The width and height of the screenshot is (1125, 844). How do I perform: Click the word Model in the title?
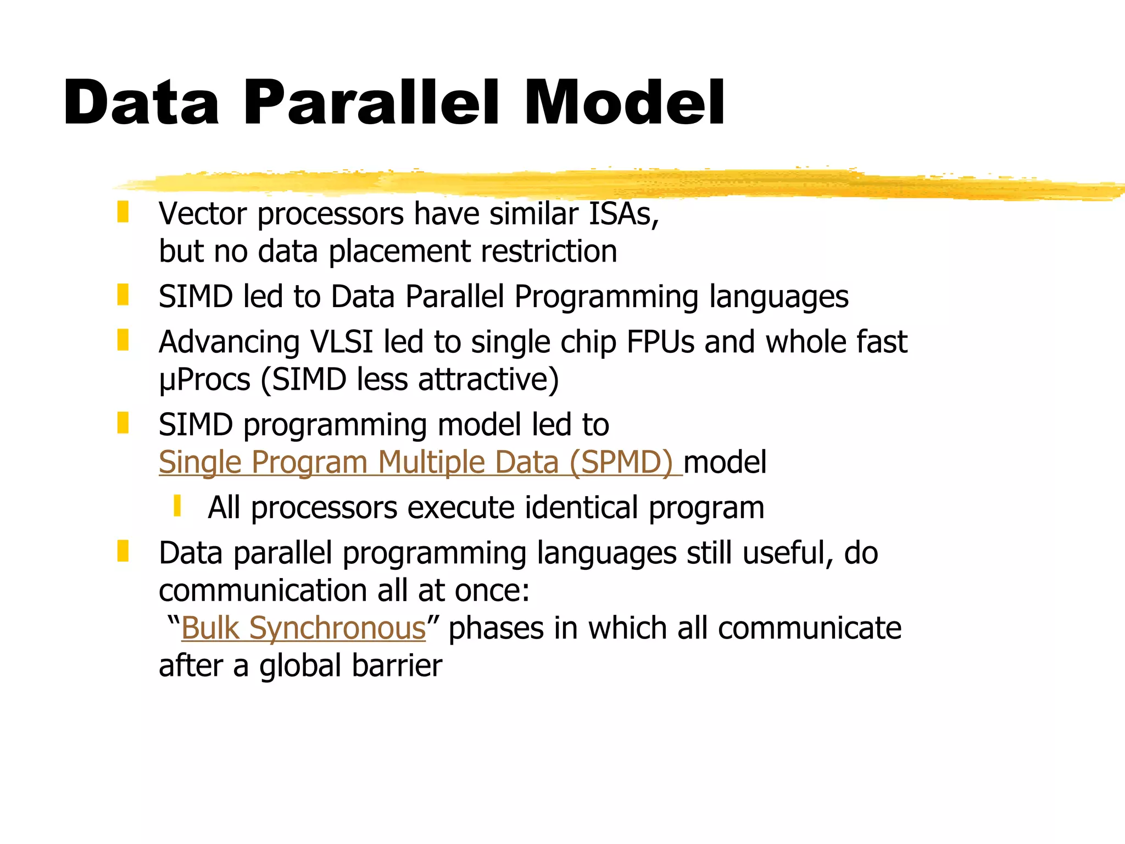click(x=624, y=103)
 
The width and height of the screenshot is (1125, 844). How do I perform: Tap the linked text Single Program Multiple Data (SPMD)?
click(x=420, y=462)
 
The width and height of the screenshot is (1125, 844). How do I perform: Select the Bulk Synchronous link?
click(x=303, y=628)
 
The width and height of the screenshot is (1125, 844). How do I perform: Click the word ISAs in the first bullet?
click(x=623, y=214)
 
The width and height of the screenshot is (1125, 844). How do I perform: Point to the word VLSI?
click(x=341, y=342)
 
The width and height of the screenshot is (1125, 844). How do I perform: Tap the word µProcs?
click(x=204, y=380)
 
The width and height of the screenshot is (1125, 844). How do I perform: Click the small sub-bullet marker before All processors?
click(x=177, y=506)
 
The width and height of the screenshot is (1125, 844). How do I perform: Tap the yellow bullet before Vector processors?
click(x=123, y=212)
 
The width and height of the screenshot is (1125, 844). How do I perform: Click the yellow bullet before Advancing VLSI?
click(x=123, y=340)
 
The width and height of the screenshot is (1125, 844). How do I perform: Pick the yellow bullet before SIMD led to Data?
click(x=123, y=295)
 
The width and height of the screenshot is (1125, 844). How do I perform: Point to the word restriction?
click(x=549, y=252)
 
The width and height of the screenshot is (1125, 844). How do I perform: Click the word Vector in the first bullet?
click(x=202, y=214)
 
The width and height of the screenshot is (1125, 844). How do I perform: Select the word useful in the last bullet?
click(x=787, y=553)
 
